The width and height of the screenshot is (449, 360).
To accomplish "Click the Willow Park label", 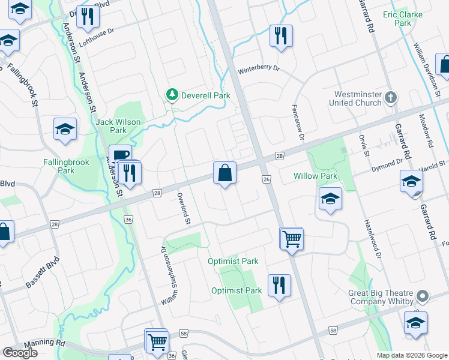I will (x=315, y=176).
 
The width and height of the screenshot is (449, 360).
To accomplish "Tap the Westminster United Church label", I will (x=355, y=98).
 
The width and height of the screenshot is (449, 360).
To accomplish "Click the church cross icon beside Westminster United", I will (x=391, y=97).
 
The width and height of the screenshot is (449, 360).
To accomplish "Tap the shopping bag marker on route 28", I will (x=224, y=173).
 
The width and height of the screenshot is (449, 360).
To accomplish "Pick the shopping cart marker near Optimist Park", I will (x=291, y=238).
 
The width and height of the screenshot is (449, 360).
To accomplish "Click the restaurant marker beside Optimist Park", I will (x=279, y=285).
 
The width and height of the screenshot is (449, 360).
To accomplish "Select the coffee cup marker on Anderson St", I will (x=119, y=155).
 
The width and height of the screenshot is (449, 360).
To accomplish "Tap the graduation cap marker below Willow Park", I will (x=330, y=200).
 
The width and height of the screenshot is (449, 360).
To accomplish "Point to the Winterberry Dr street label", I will (x=259, y=69).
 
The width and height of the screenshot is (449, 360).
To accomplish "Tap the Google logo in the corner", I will (x=20, y=353).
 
